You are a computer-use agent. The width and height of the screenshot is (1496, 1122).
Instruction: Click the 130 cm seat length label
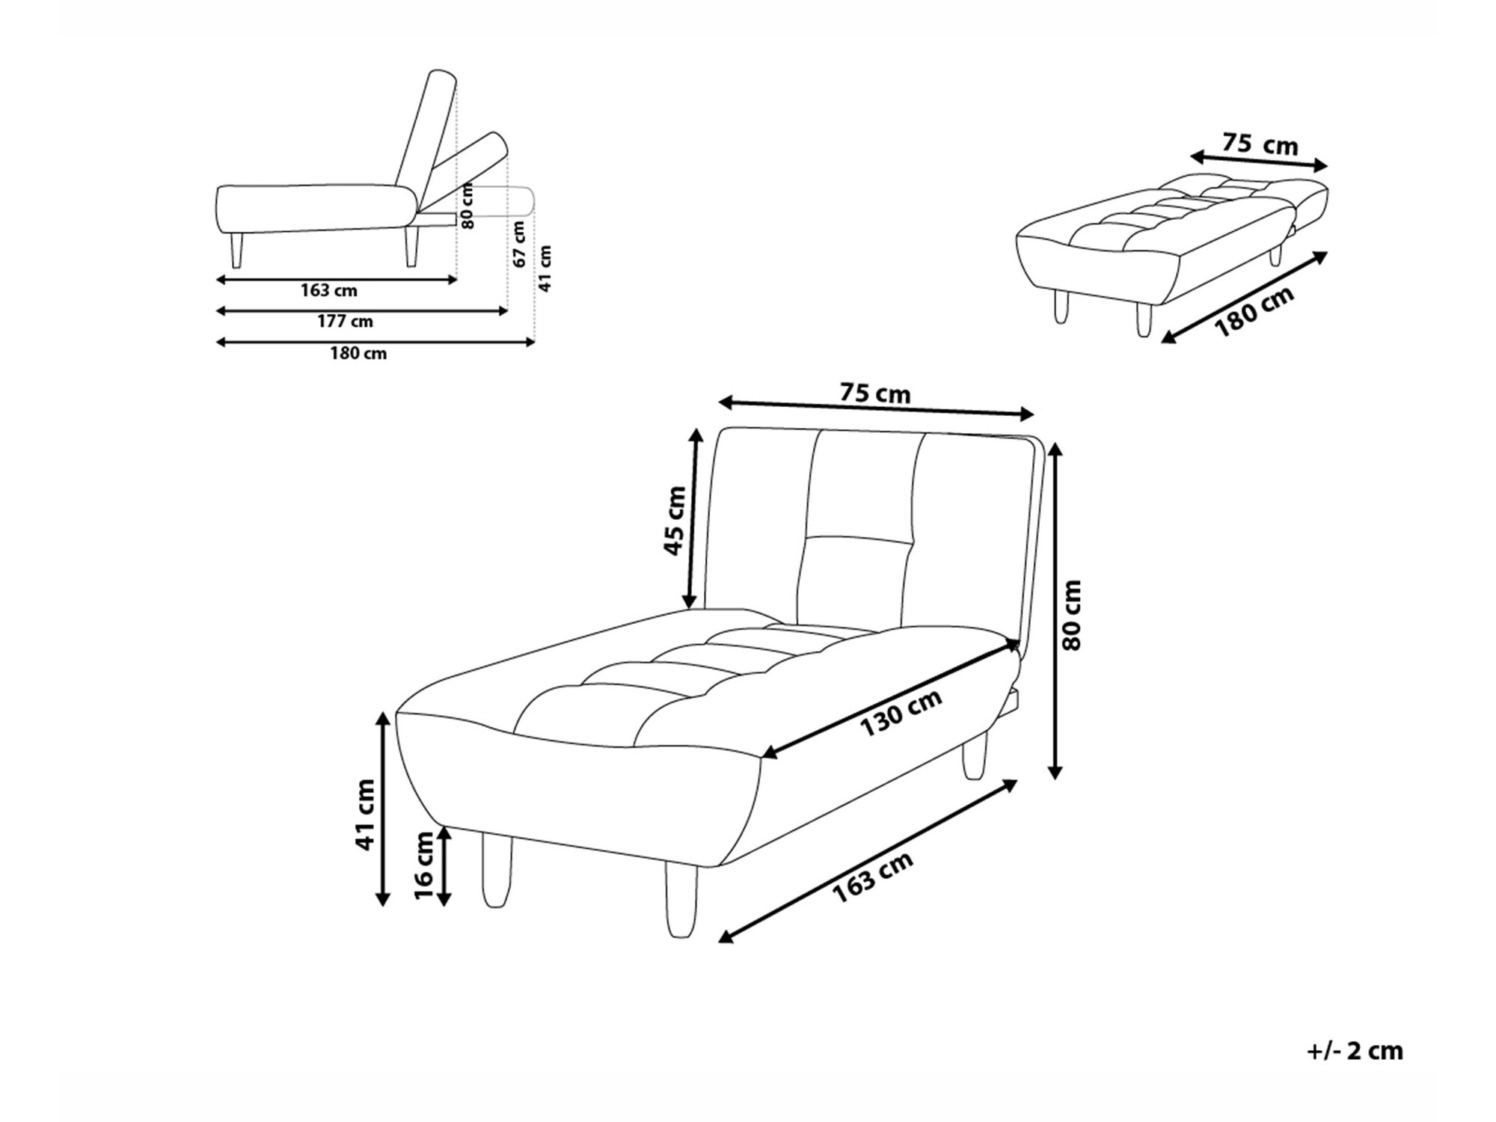(x=900, y=712)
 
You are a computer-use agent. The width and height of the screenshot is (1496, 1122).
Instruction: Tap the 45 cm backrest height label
(x=675, y=521)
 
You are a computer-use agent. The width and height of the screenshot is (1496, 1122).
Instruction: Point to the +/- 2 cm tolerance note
(x=1355, y=1051)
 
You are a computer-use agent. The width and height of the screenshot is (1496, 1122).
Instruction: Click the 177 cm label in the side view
(x=345, y=322)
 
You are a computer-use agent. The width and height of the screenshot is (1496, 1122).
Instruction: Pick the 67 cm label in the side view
(x=519, y=244)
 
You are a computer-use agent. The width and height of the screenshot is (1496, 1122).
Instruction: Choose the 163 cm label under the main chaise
(x=872, y=877)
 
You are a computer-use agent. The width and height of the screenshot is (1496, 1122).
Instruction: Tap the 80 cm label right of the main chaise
(x=1072, y=615)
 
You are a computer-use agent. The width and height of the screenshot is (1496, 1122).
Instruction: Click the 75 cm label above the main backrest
(x=875, y=393)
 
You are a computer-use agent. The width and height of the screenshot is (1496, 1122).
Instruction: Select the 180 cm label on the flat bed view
(x=1253, y=312)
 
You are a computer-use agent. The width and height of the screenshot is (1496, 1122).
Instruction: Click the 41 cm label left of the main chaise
(x=364, y=814)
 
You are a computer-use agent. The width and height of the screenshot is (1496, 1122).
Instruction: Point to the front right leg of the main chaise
(x=681, y=900)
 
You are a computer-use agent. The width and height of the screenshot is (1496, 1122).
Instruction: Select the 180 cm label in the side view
(x=358, y=354)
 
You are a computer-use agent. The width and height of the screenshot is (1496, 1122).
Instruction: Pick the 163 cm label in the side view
(x=329, y=290)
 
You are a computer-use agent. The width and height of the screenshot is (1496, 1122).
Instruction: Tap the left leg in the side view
(x=237, y=251)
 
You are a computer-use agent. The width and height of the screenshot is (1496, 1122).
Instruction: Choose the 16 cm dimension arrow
(x=444, y=866)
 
